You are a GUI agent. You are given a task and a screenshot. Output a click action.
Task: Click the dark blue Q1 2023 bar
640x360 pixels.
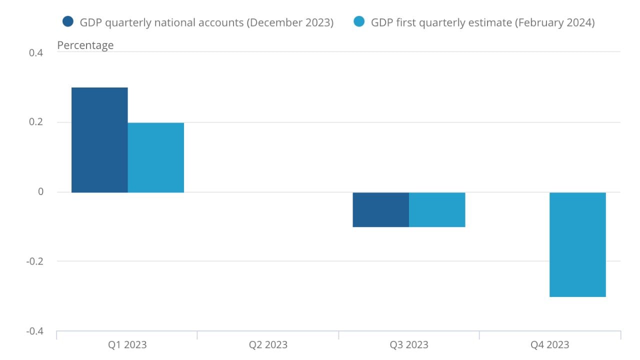(x=99, y=140)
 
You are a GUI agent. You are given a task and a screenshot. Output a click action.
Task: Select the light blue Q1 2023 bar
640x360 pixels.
(x=156, y=157)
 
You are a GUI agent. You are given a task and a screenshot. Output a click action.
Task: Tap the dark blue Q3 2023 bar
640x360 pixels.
(x=380, y=209)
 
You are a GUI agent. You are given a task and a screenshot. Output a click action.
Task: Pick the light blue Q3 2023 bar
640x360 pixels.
(x=437, y=209)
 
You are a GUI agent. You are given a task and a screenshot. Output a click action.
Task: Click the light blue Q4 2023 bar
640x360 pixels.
(x=577, y=244)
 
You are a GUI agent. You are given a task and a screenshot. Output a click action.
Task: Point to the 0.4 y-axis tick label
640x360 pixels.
(x=36, y=53)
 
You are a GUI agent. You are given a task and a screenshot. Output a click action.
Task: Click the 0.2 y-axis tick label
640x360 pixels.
(x=36, y=122)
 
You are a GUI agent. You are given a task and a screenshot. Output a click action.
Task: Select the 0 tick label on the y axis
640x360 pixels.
(x=40, y=192)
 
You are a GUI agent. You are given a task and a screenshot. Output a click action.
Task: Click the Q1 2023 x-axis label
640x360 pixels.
(x=127, y=345)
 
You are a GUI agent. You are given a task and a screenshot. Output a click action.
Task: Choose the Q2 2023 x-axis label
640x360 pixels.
(x=268, y=345)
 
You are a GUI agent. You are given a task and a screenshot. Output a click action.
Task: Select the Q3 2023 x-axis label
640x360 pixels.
(x=409, y=345)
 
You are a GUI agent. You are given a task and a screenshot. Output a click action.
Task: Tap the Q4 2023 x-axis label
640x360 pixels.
(x=549, y=345)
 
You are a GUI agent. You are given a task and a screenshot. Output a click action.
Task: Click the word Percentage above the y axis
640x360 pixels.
(x=85, y=45)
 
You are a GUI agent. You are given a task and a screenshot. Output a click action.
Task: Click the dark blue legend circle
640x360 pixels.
(x=68, y=22)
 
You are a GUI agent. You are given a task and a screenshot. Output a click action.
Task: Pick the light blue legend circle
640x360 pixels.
(x=358, y=22)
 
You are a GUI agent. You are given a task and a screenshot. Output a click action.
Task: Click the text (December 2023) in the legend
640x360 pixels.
(x=289, y=22)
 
